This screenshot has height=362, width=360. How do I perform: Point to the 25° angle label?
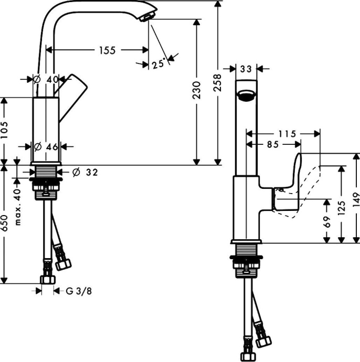tap(158, 65)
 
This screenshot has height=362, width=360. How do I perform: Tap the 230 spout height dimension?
tap(196, 90)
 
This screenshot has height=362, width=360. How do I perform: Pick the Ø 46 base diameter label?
tap(46, 147)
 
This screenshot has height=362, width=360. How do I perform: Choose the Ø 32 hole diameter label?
tap(84, 172)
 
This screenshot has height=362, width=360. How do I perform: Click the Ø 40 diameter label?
tap(46, 79)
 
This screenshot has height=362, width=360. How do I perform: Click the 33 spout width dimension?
tap(246, 68)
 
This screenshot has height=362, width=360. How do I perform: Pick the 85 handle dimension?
tap(273, 144)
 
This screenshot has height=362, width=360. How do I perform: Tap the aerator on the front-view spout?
tap(246, 95)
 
